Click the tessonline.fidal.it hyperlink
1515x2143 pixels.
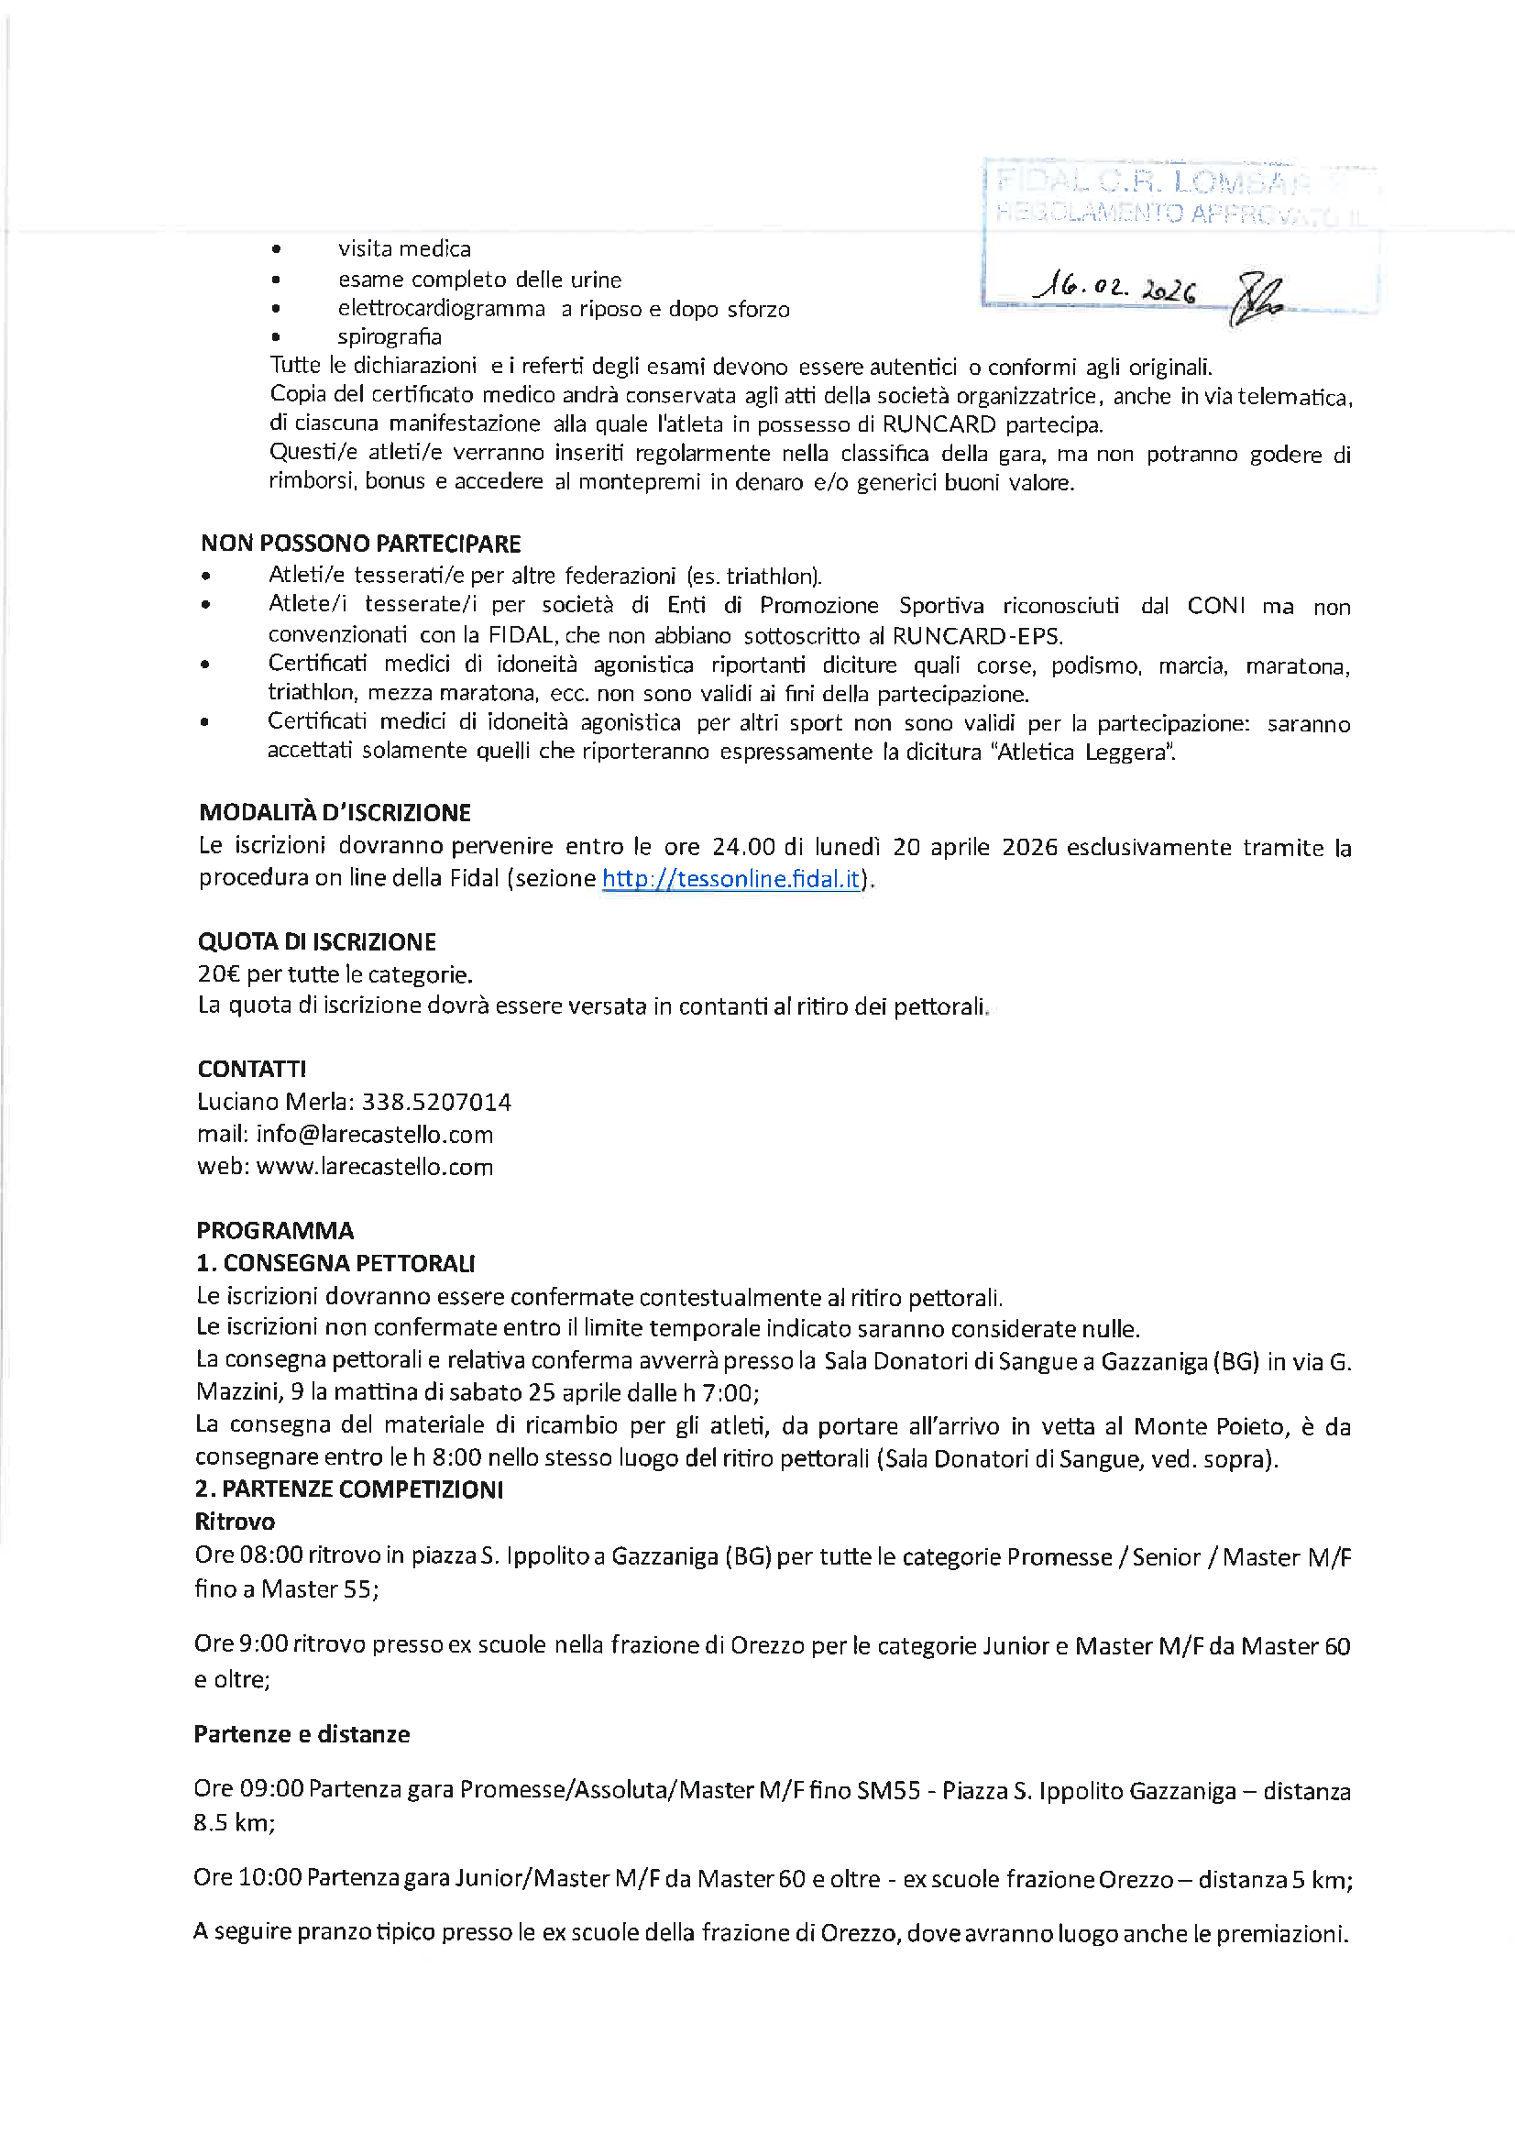point(730,878)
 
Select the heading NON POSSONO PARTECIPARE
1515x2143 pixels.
point(360,544)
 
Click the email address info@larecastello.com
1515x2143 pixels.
point(374,1134)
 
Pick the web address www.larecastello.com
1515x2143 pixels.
point(374,1167)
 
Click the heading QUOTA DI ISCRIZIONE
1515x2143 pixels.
point(316,940)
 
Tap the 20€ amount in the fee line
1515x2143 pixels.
point(218,973)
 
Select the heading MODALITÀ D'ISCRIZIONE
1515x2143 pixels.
point(335,812)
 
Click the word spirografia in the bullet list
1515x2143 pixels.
point(390,337)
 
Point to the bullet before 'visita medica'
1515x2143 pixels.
point(275,249)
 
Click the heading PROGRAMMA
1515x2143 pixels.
point(274,1230)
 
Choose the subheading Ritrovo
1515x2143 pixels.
point(235,1522)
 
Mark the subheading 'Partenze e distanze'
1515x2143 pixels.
point(302,1734)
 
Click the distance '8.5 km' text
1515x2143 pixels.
point(234,1822)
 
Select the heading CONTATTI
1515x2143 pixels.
point(251,1069)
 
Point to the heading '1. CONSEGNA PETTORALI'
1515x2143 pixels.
point(335,1263)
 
